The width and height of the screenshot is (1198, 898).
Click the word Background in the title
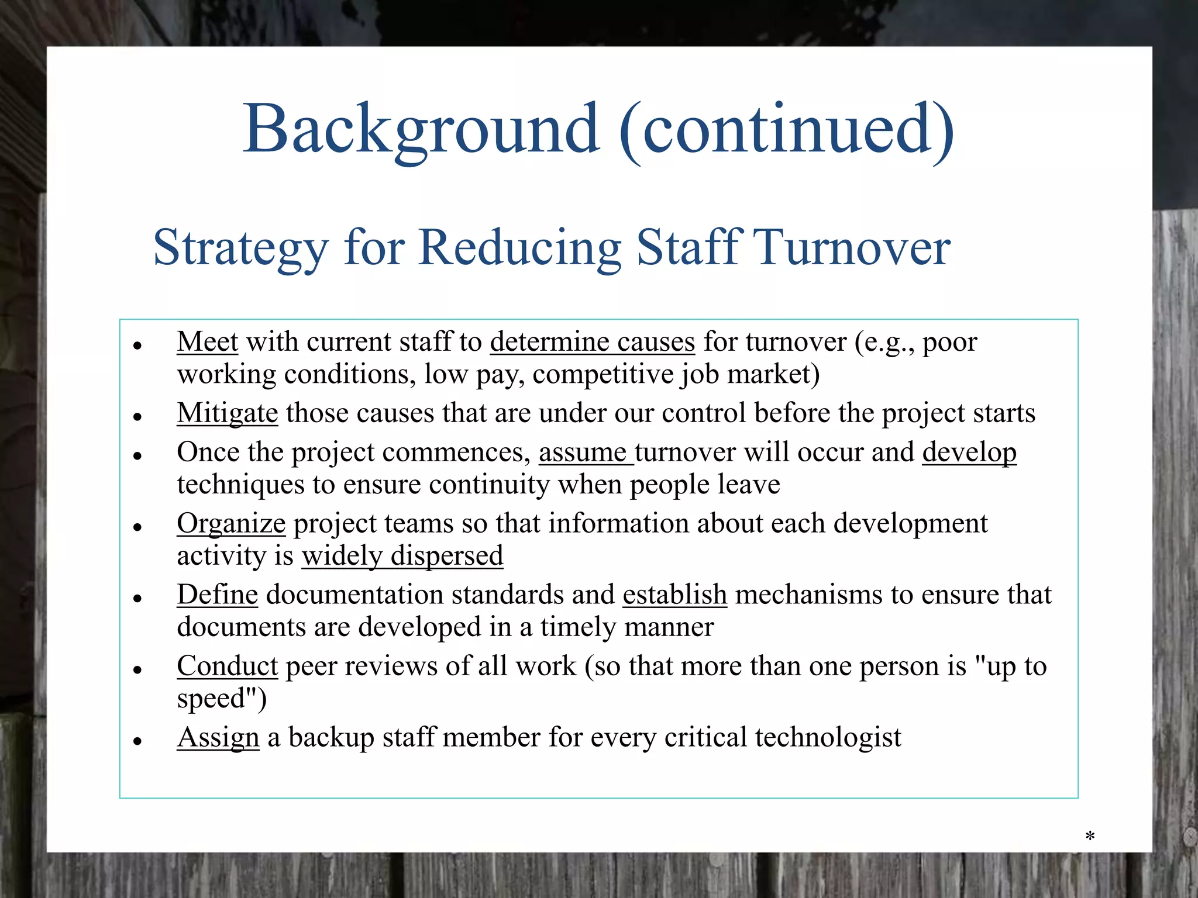coord(421,130)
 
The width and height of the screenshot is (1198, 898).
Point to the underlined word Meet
coord(207,341)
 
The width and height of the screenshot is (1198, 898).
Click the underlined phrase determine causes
coord(592,342)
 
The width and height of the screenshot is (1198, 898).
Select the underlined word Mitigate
coord(227,413)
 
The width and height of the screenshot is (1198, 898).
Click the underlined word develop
coord(969,453)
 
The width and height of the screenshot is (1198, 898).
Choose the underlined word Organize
coord(231,524)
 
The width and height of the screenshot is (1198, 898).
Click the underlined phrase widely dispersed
coord(402,556)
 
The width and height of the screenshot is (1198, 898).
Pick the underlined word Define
coord(217,595)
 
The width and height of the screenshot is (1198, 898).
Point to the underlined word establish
coord(674,595)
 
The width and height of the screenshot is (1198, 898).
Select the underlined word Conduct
coord(227,666)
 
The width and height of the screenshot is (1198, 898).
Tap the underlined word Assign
coord(218,738)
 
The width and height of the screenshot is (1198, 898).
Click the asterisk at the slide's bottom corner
coord(1090,837)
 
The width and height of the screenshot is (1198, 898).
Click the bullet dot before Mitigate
coord(138,417)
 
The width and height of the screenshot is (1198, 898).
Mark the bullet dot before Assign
coord(138,741)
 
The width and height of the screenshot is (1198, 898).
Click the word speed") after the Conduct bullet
coord(222,699)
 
